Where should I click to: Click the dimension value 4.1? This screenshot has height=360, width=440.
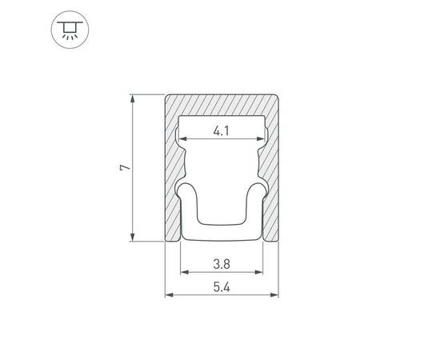click(221, 131)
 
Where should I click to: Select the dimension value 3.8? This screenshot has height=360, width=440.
click(222, 264)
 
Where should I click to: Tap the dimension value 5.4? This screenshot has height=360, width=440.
click(222, 287)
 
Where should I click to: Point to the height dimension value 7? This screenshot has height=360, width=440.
click(125, 168)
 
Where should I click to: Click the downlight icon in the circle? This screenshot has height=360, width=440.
click(70, 30)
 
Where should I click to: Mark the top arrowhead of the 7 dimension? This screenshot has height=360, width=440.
click(133, 98)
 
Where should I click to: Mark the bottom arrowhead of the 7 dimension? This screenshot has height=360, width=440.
click(133, 237)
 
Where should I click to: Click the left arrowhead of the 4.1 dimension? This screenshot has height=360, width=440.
click(183, 138)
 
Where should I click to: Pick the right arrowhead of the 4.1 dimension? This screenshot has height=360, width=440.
click(261, 138)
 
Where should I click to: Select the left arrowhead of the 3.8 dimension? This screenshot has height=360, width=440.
click(185, 272)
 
